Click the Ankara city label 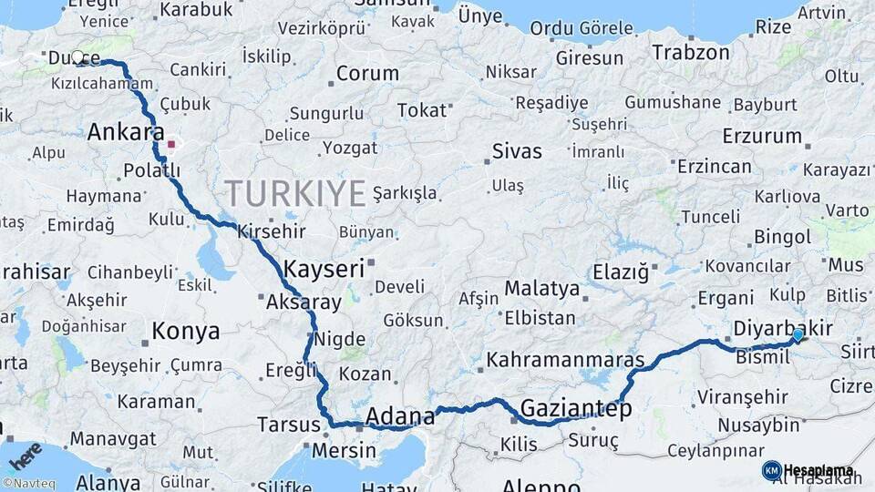click(126, 132)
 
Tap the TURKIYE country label click(295, 193)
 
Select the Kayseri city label click(324, 269)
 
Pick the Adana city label click(400, 417)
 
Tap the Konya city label click(185, 331)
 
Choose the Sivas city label click(516, 151)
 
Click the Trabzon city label click(691, 53)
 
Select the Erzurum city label click(761, 137)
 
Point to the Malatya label click(541, 289)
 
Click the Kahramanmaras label click(565, 360)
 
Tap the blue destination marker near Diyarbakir click(798, 335)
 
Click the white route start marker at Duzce click(77, 57)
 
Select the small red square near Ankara click(170, 144)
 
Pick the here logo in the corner click(26, 453)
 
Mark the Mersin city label click(344, 450)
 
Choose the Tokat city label click(422, 110)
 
